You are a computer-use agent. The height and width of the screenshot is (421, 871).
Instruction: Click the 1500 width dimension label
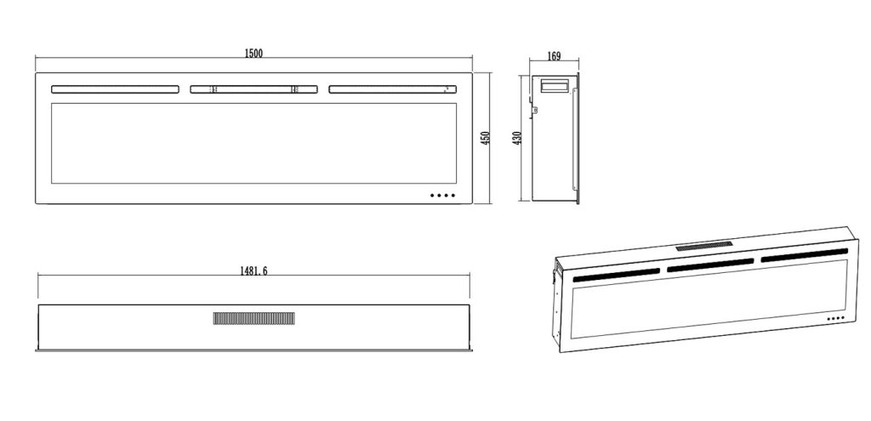coord(253,54)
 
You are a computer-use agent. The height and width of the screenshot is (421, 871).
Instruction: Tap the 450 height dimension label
coord(486,138)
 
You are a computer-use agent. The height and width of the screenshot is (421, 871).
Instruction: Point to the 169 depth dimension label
coord(554,58)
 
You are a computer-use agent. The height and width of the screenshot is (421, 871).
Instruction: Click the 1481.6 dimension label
coord(253,270)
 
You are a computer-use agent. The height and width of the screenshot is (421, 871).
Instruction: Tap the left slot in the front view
coord(116,88)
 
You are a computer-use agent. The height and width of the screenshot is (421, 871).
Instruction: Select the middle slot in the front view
coord(254,88)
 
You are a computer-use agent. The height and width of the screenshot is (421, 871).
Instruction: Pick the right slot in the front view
coord(392,88)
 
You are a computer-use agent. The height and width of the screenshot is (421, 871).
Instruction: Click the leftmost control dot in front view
coord(433,196)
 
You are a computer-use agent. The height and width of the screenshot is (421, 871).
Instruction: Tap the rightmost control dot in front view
coord(453,196)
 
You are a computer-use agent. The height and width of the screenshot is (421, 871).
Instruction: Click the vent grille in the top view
coord(254,318)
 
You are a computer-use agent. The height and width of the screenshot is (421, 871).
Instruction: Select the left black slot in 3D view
coord(616,275)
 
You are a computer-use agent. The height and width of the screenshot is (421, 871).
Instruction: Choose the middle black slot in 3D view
coord(710,265)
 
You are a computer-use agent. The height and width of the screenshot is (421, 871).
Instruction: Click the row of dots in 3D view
coord(834,319)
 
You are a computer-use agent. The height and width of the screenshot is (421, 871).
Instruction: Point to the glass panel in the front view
coord(254,143)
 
